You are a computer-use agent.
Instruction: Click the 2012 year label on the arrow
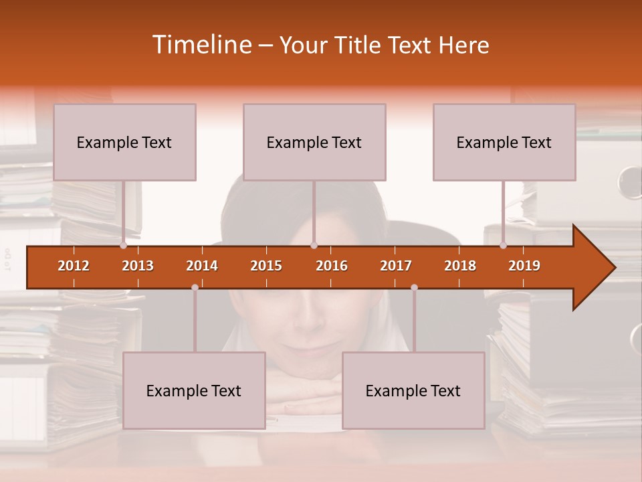pyautogui.click(x=74, y=266)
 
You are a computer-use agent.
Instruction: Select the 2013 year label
pyautogui.click(x=138, y=266)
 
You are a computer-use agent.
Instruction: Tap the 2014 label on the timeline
pyautogui.click(x=202, y=266)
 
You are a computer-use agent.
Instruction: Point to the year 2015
pyautogui.click(x=266, y=266)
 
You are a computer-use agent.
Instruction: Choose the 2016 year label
pyautogui.click(x=332, y=266)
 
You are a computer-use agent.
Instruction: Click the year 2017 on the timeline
pyautogui.click(x=396, y=266)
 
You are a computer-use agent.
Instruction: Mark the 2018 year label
pyautogui.click(x=460, y=266)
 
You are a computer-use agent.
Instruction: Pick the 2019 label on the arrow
pyautogui.click(x=524, y=266)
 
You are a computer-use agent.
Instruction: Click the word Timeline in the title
pyautogui.click(x=201, y=45)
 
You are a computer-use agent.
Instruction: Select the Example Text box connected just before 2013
pyautogui.click(x=124, y=142)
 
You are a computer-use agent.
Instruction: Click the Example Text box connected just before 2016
pyautogui.click(x=314, y=142)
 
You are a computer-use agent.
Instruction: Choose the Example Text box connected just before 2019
pyautogui.click(x=504, y=142)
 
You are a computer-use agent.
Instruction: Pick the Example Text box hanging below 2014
pyautogui.click(x=194, y=390)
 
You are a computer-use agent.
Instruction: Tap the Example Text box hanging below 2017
pyautogui.click(x=413, y=390)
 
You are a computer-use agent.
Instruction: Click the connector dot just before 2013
pyautogui.click(x=124, y=246)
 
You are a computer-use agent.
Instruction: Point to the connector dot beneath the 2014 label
pyautogui.click(x=195, y=288)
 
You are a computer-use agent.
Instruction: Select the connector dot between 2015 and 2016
pyautogui.click(x=314, y=246)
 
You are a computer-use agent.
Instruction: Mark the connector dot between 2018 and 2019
pyautogui.click(x=504, y=246)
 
